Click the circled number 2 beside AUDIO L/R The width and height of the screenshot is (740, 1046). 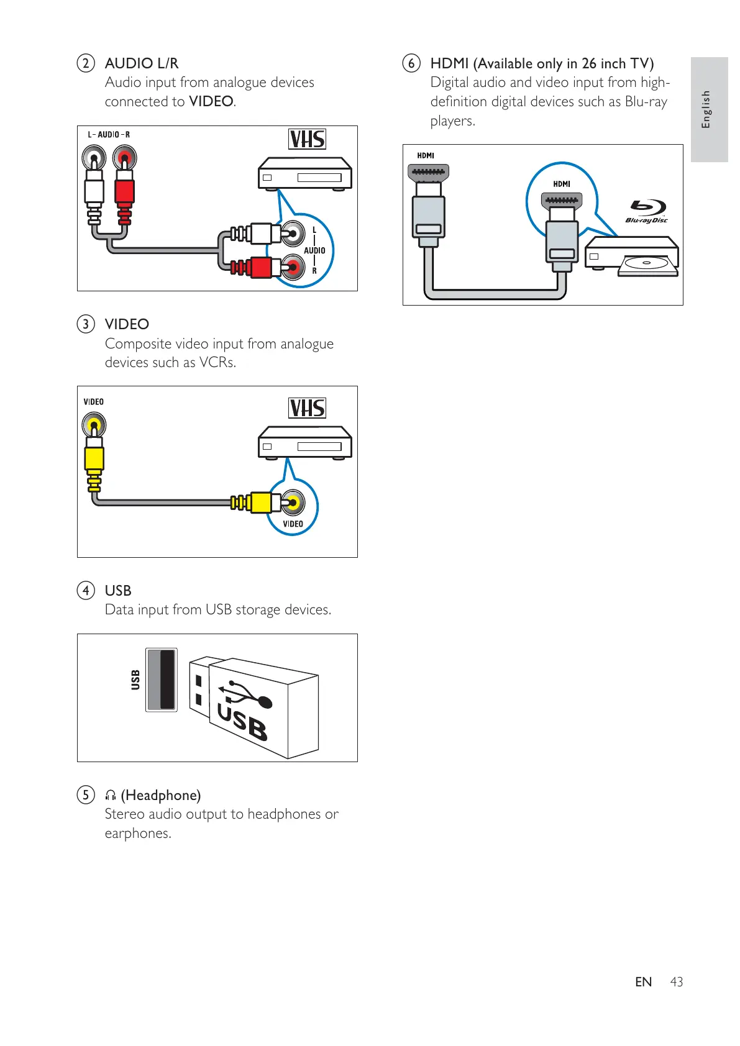86,63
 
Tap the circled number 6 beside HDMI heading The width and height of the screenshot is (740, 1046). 411,63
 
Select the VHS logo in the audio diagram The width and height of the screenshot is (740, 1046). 307,139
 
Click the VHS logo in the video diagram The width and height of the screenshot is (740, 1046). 307,408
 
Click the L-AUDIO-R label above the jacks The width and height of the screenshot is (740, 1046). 109,135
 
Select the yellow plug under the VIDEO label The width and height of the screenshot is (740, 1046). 94,458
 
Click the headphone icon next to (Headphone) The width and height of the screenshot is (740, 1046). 111,796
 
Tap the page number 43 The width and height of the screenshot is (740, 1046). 677,982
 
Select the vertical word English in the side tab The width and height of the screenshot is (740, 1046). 706,109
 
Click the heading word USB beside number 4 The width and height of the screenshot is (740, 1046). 118,591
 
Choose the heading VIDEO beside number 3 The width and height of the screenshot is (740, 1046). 127,324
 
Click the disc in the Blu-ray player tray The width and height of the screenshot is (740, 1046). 646,263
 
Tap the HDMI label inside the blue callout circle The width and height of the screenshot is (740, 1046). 562,184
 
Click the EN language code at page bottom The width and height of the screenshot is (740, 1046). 644,982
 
